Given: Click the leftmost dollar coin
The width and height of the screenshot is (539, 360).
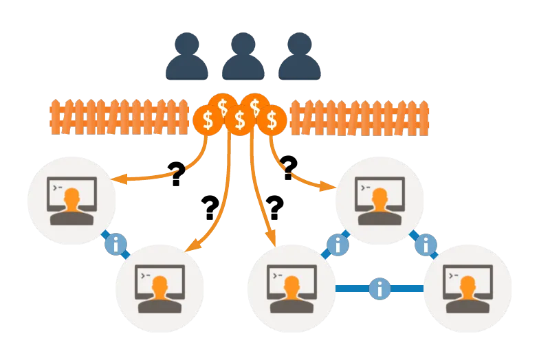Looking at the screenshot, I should (207, 120).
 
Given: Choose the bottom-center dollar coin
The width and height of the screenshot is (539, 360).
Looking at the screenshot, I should (239, 120).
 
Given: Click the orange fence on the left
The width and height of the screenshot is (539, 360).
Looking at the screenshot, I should (119, 117).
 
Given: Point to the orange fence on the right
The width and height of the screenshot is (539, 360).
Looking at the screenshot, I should (359, 117).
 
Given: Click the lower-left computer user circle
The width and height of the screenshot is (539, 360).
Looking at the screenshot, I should (159, 288).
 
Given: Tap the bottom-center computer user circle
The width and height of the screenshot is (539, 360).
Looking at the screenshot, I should (291, 288).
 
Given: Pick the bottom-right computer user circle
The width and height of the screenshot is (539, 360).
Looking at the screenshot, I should (467, 288).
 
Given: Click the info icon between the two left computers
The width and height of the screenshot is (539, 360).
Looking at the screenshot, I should (115, 244).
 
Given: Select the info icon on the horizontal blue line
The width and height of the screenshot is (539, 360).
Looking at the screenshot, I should (379, 289).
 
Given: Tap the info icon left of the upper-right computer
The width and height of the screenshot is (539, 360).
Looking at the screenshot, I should (337, 245).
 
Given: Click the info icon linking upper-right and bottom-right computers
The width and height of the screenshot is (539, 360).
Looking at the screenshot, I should (426, 245).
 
